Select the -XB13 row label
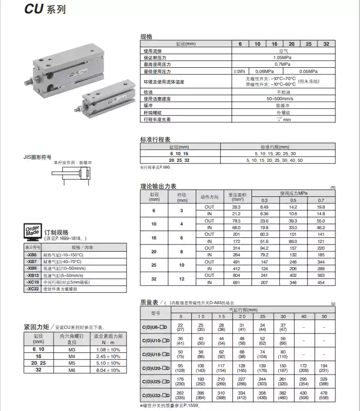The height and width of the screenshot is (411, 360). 32,275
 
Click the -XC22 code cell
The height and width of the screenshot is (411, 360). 32,289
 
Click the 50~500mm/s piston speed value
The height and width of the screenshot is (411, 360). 281,99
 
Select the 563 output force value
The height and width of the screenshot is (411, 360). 321,275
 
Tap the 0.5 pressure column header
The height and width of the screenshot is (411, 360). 293,200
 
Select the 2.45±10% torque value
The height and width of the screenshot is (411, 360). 108,356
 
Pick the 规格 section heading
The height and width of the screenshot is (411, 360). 147,36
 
